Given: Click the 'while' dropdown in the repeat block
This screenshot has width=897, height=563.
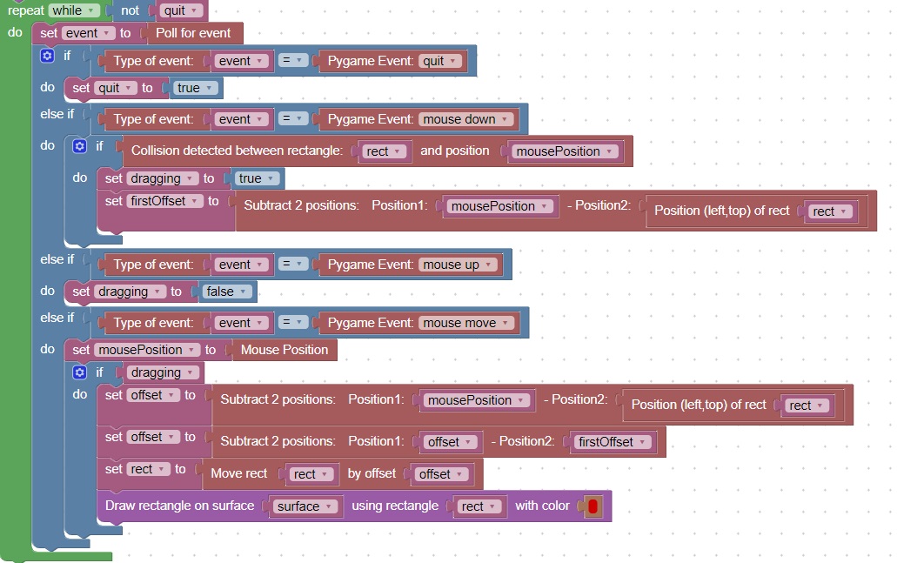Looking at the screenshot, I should click(73, 10).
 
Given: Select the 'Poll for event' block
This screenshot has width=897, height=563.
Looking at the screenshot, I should click(193, 33).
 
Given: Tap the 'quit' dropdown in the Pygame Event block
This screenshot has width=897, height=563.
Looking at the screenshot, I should click(443, 61).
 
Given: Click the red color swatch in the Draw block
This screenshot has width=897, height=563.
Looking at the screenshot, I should click(593, 506).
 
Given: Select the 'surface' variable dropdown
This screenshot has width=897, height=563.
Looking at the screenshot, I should click(305, 506).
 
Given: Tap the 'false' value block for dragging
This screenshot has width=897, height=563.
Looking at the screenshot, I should click(228, 292).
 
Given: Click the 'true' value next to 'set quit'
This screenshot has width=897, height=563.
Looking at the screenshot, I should click(196, 88).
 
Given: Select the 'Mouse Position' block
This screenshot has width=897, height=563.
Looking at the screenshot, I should click(284, 350).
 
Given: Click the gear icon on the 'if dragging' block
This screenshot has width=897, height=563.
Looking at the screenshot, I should click(80, 372).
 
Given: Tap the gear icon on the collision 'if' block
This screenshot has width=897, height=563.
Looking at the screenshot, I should click(80, 146).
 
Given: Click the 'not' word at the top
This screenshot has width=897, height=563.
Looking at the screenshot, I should click(130, 10).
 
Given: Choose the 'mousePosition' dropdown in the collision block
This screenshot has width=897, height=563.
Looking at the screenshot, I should click(565, 151).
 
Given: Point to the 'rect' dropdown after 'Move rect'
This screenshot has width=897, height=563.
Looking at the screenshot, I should click(311, 474).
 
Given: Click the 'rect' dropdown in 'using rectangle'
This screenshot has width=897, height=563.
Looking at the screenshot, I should click(479, 506).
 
